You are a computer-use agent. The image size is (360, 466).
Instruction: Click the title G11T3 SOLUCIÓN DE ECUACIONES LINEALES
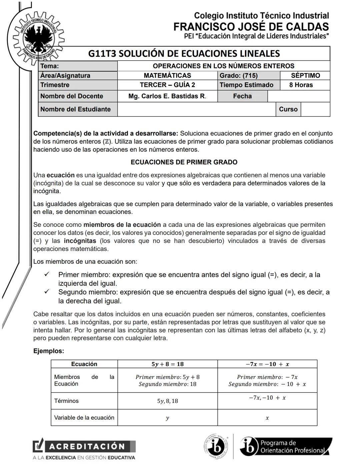[184, 54]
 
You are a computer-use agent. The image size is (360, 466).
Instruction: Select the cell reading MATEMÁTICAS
[167, 75]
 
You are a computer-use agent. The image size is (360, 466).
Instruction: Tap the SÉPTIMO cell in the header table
[305, 75]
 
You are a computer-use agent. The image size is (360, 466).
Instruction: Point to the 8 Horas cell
[301, 85]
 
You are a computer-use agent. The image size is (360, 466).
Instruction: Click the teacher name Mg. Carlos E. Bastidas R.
[167, 96]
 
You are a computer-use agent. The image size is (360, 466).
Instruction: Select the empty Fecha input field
[298, 96]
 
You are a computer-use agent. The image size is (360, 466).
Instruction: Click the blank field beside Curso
[315, 109]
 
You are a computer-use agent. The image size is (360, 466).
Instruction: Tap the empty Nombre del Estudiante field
[196, 109]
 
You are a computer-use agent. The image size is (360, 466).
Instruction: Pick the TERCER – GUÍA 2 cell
[167, 85]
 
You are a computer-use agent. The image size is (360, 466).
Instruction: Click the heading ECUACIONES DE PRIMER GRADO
[184, 162]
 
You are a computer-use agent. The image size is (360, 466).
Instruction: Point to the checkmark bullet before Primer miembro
[47, 275]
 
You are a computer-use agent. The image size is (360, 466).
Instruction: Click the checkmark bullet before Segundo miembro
[47, 292]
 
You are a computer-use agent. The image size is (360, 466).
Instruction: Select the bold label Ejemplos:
[49, 351]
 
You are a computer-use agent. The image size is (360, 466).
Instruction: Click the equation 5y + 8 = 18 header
[167, 364]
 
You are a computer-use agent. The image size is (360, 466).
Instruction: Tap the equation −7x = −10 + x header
[267, 364]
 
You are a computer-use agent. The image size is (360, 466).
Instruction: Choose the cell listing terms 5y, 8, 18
[167, 401]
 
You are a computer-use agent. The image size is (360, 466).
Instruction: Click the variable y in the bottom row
[167, 418]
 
